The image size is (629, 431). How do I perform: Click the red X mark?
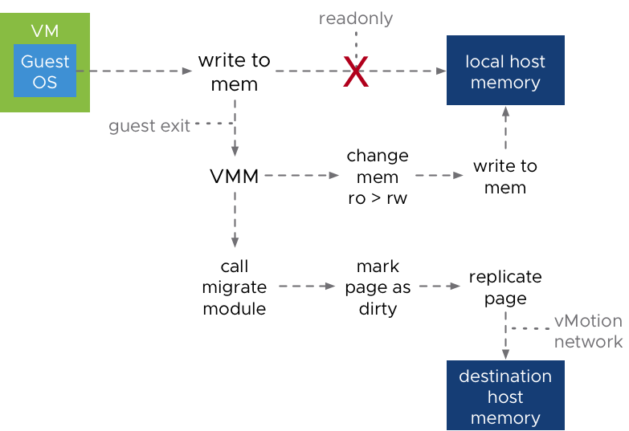click(356, 71)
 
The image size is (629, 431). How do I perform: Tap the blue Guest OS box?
click(45, 71)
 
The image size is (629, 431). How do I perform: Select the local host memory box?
click(505, 70)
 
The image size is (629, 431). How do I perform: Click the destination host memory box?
click(505, 396)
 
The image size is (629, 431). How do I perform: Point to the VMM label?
click(235, 177)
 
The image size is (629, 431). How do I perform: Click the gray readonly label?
click(356, 18)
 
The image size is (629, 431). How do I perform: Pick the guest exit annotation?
click(149, 126)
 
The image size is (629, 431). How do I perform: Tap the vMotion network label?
click(589, 331)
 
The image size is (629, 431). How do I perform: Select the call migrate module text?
click(235, 287)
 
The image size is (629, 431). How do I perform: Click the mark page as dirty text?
click(378, 287)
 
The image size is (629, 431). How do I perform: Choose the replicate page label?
click(505, 287)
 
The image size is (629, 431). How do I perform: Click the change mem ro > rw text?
click(378, 177)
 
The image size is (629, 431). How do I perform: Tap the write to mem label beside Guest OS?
click(235, 72)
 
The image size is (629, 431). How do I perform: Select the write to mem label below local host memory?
click(505, 177)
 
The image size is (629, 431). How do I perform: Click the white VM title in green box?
click(45, 30)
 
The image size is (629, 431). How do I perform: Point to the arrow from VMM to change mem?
click(302, 175)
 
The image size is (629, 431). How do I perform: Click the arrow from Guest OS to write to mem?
click(134, 71)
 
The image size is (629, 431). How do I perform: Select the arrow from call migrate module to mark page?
click(307, 287)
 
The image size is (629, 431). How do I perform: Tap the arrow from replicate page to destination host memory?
click(505, 335)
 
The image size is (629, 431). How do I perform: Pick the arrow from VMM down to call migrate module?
click(235, 220)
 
